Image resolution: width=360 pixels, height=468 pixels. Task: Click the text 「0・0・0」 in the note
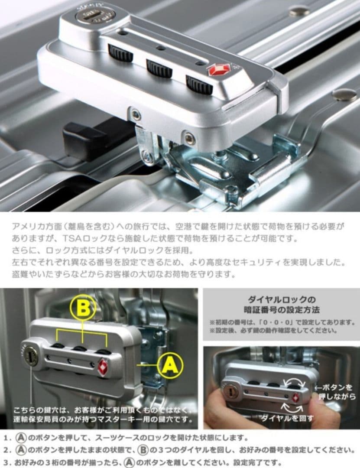[x=285, y=323]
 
